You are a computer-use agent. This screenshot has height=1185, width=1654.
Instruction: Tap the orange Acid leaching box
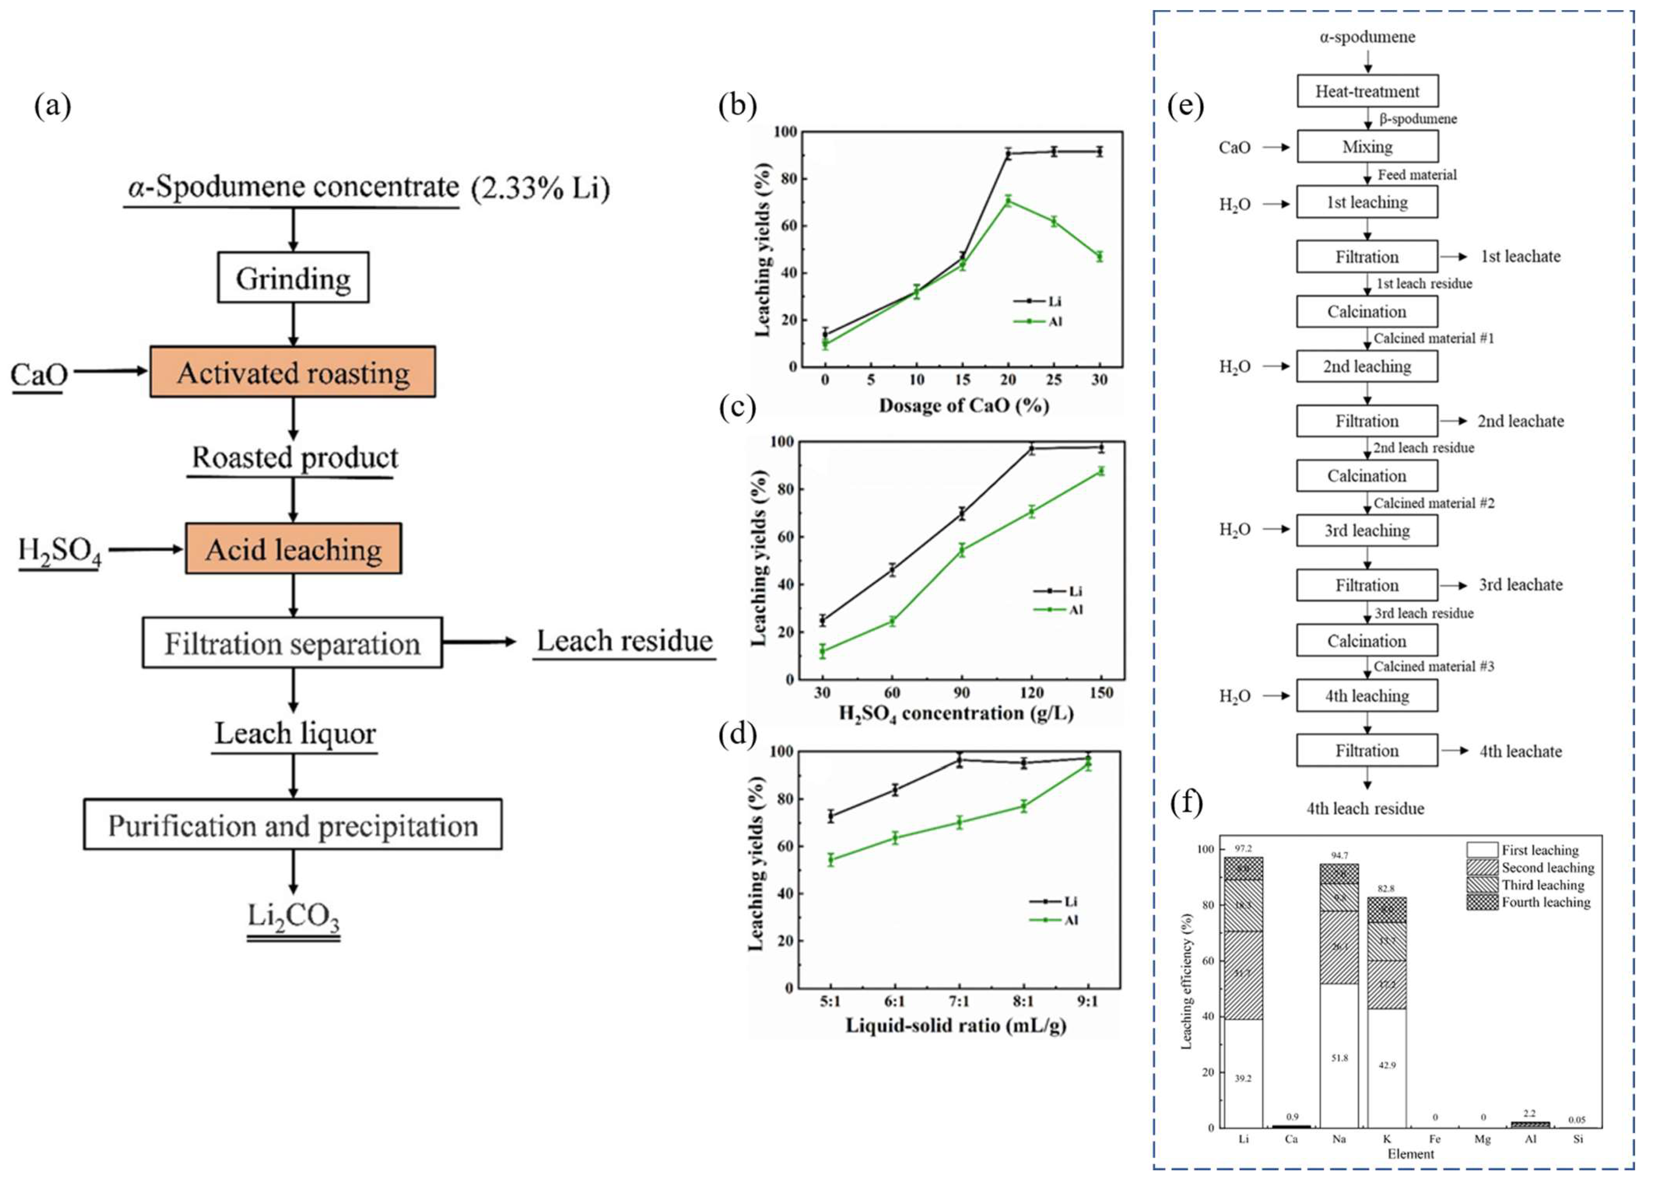pyautogui.click(x=293, y=548)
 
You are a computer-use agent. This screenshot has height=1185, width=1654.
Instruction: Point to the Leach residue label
pyautogui.click(x=624, y=641)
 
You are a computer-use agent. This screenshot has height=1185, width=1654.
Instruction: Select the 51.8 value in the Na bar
pyautogui.click(x=1339, y=1057)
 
